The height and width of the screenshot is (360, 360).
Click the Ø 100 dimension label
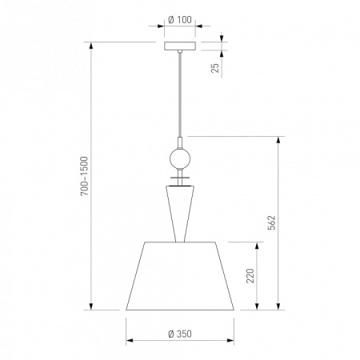(x=180, y=20)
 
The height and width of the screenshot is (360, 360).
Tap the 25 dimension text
(x=215, y=68)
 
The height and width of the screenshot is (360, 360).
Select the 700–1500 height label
(x=84, y=176)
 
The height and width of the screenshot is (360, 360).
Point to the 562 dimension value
(x=271, y=222)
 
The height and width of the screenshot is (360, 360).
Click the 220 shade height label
(x=250, y=276)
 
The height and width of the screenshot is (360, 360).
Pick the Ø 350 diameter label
(x=180, y=334)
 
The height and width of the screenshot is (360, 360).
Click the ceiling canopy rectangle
(x=180, y=46)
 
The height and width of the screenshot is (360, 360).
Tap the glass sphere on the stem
(x=180, y=158)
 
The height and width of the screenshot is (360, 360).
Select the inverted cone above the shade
(x=180, y=214)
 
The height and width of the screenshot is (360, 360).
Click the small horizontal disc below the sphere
(x=180, y=178)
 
